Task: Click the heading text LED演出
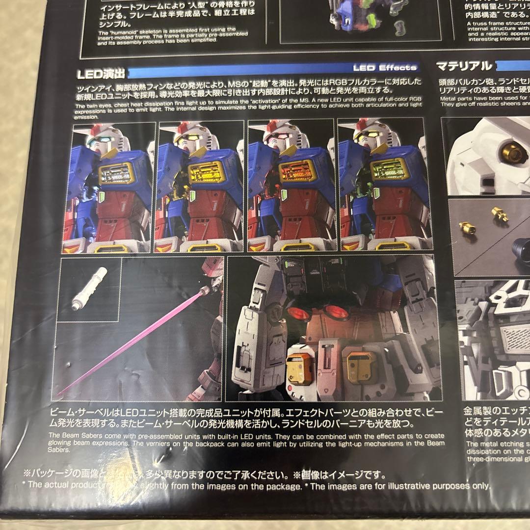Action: (101, 74)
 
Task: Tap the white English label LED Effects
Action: (385, 68)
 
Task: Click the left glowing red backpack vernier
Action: (298, 314)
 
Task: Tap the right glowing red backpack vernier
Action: (335, 312)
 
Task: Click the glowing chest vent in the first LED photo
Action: (117, 173)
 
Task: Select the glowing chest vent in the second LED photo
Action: (207, 172)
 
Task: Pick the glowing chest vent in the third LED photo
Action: (297, 172)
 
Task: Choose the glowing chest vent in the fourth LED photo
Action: (390, 168)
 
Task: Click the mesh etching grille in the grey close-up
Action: (516, 339)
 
